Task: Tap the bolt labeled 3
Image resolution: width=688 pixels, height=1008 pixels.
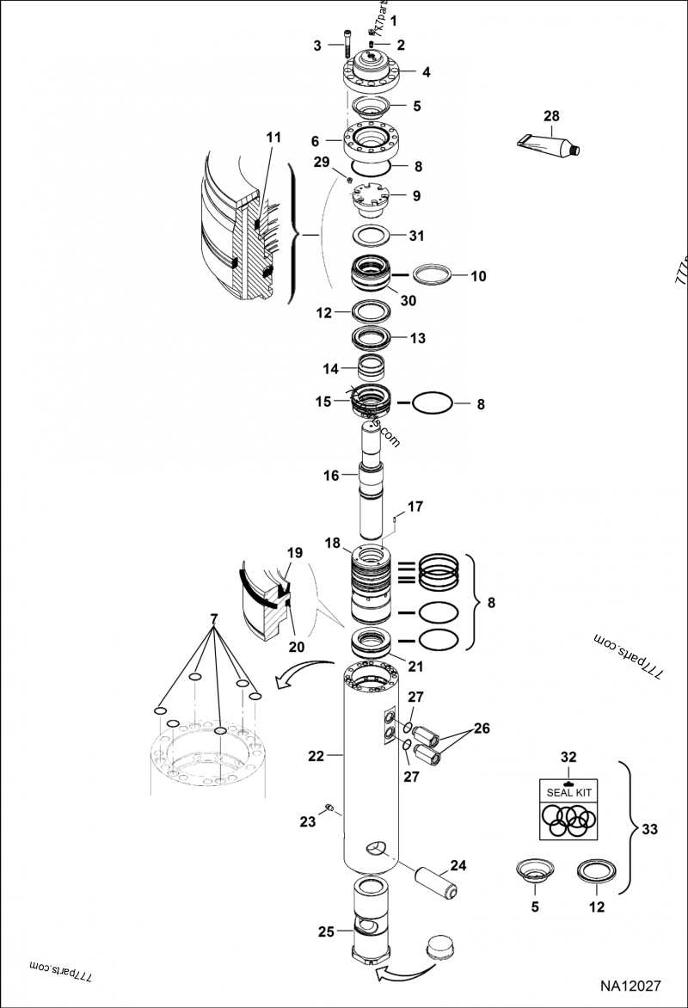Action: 345,45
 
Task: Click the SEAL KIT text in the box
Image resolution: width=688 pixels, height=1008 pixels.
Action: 568,791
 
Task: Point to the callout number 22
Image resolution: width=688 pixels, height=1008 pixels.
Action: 316,756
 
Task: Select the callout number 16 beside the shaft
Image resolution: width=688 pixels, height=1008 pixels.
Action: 331,474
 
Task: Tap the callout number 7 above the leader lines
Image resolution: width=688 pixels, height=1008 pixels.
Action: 212,620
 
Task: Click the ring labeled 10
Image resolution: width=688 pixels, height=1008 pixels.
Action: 433,276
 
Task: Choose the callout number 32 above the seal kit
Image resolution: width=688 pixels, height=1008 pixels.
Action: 568,758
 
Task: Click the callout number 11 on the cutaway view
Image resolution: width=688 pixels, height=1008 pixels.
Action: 273,138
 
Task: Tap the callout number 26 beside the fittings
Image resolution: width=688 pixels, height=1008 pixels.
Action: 481,728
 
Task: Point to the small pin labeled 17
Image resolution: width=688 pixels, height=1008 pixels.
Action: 391,518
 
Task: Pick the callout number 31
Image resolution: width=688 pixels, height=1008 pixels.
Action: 415,236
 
